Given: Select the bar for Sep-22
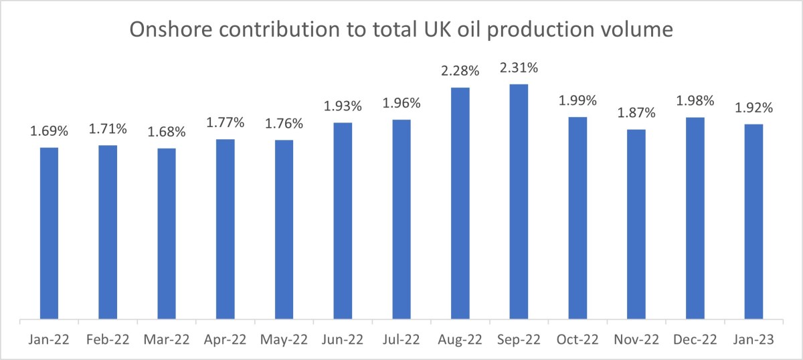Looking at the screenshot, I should pyautogui.click(x=519, y=201).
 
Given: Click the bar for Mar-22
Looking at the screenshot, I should pyautogui.click(x=167, y=234).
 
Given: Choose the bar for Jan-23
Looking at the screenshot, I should pyautogui.click(x=753, y=221).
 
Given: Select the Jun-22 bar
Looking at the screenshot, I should pyautogui.click(x=343, y=221).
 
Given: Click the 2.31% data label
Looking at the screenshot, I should pyautogui.click(x=519, y=68).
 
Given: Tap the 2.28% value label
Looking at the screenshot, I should pyautogui.click(x=460, y=72).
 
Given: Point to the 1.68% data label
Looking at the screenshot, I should pyautogui.click(x=167, y=132).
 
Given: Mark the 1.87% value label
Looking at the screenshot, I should pyautogui.click(x=636, y=114).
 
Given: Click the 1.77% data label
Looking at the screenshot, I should pyautogui.click(x=226, y=124).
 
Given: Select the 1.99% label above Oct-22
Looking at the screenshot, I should pyautogui.click(x=577, y=101).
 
